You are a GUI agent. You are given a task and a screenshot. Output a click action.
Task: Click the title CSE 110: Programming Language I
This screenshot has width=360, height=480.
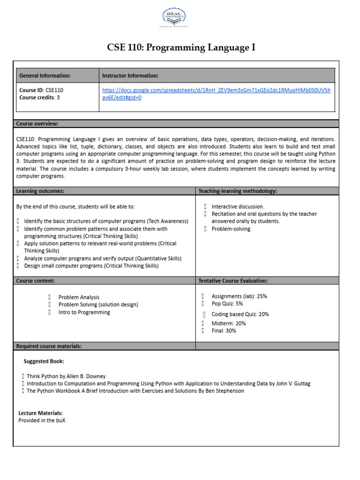[x=181, y=48]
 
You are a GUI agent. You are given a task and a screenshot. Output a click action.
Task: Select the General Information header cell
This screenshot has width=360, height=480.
[x=45, y=75]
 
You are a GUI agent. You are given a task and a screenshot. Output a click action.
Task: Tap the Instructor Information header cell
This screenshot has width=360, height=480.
[x=130, y=75]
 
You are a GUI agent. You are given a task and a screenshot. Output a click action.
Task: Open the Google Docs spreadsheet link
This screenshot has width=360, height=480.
[x=216, y=94]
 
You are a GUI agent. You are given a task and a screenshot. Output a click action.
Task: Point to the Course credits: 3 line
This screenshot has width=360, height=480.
[x=39, y=97]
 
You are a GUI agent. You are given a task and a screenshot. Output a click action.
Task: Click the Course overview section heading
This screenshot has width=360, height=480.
[x=37, y=124]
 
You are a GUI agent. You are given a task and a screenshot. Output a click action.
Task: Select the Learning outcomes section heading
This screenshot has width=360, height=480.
[x=40, y=191]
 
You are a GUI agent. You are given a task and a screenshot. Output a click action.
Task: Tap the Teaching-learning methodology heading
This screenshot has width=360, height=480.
[x=238, y=191]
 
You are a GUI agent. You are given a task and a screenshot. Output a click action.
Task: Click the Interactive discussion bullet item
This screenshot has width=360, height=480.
[x=238, y=206]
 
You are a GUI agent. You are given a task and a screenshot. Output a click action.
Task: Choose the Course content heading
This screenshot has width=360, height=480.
[x=36, y=281]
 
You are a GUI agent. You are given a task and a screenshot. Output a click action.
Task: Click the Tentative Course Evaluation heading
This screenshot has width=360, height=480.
[x=233, y=281]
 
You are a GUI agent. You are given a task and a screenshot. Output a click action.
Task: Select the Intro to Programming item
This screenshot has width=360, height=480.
[x=84, y=312]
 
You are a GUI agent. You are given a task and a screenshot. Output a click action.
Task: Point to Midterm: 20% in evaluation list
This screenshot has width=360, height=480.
[x=229, y=323]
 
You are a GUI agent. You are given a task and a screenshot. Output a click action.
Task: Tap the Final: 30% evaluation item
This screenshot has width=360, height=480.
[x=224, y=331]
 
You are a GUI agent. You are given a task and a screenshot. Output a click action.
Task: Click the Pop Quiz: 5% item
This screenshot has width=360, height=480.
[x=227, y=304]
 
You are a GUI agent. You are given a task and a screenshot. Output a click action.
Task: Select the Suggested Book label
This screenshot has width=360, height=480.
[x=44, y=361]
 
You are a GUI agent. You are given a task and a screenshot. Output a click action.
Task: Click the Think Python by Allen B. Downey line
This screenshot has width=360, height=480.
[x=66, y=376]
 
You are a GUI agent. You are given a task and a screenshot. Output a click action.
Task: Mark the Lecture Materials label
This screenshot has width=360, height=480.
[x=40, y=413]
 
